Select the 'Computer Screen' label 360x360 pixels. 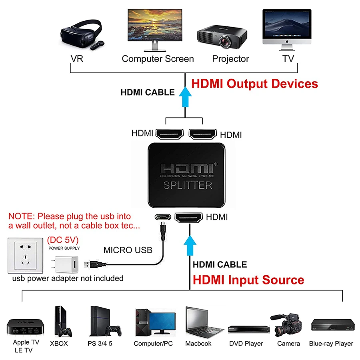tap(158, 59)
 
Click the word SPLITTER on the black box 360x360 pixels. tap(188, 185)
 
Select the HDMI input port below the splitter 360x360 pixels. tap(189, 217)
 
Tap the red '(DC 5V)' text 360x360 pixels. tap(63, 240)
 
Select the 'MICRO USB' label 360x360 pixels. tap(128, 250)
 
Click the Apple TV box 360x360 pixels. tap(25, 326)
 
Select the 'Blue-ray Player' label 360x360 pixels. tap(331, 344)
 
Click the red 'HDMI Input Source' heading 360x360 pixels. tap(248, 280)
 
